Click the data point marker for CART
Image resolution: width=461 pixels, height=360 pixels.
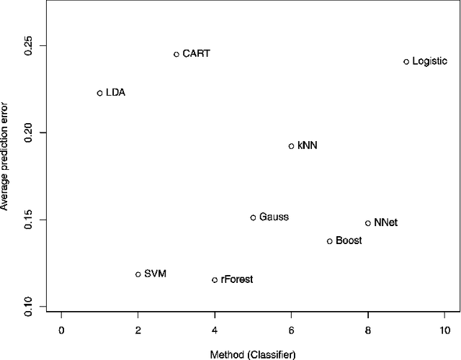pos(176,54)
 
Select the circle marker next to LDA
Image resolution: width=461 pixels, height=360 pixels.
pos(100,93)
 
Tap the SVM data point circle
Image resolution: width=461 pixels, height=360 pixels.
pos(138,274)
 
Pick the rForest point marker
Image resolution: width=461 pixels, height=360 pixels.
pos(215,279)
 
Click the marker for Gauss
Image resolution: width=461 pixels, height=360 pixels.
pos(253,217)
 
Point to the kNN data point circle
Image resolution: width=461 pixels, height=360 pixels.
pos(292,146)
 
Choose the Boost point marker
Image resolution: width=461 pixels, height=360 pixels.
pos(330,241)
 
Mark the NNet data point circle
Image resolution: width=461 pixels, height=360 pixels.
pos(368,223)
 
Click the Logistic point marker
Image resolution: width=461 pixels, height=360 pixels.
pos(406,62)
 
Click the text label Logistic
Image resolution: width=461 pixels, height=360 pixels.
pos(431,62)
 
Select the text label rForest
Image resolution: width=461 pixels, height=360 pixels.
pos(237,279)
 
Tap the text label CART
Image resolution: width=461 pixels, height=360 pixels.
pos(197,54)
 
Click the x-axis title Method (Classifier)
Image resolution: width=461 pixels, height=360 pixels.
pos(253,354)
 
